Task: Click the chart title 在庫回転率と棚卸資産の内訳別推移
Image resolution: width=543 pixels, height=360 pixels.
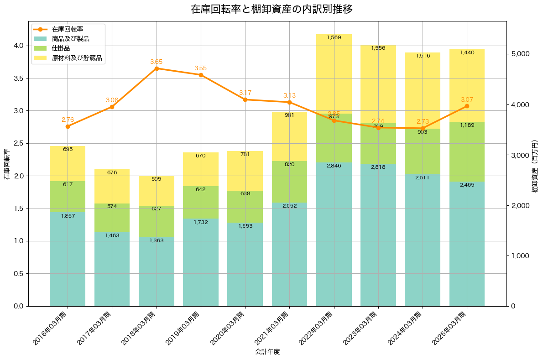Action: tap(271, 9)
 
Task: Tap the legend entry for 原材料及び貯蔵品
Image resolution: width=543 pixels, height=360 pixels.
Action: tap(76, 58)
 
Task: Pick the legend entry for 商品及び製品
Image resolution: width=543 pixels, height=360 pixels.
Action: tap(70, 39)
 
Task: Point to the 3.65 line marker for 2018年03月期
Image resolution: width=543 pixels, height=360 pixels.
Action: tap(157, 68)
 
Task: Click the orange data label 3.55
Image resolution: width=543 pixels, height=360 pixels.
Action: tap(201, 68)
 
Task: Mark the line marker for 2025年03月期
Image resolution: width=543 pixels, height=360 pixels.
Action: tap(467, 106)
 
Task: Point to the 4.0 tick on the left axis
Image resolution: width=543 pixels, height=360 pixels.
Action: tap(20, 46)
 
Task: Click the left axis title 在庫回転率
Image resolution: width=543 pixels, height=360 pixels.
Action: tap(6, 164)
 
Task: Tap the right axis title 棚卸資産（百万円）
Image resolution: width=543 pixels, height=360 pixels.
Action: tap(536, 164)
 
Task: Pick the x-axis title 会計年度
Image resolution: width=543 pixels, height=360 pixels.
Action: tap(267, 352)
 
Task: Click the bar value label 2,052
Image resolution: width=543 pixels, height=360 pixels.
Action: tap(290, 206)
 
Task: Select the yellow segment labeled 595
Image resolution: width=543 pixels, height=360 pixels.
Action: tap(157, 191)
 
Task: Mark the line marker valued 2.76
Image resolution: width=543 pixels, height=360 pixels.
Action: tap(68, 126)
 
